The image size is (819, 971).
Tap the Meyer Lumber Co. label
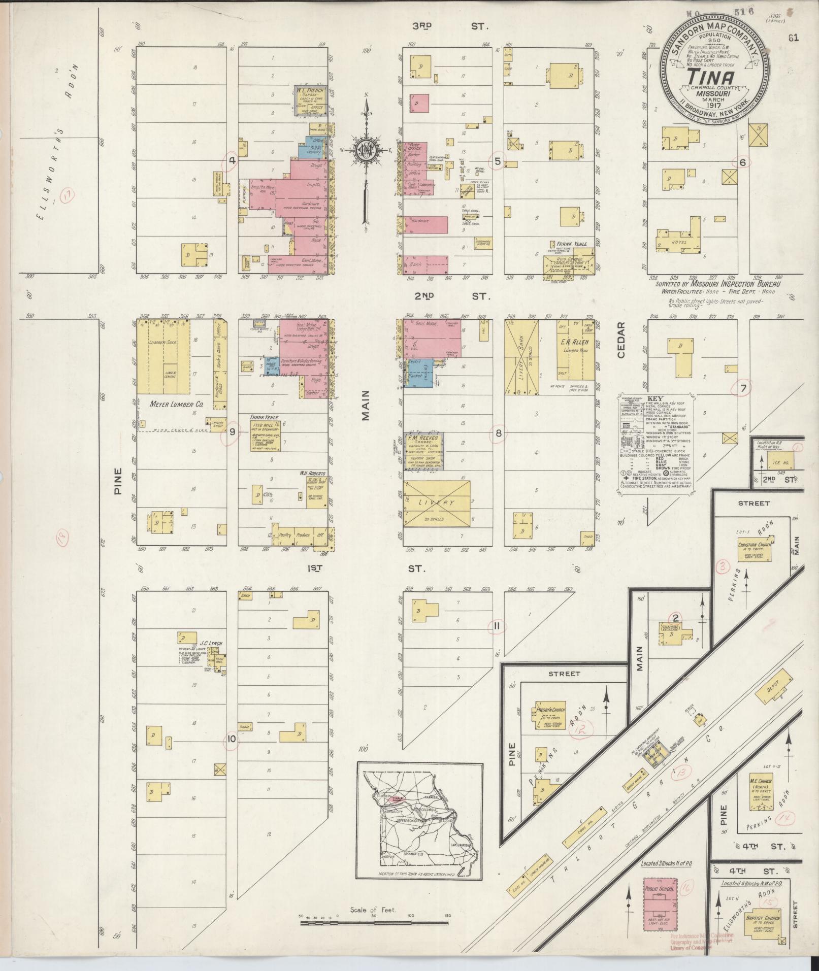coord(169,405)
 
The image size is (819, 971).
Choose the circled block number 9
coord(233,432)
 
